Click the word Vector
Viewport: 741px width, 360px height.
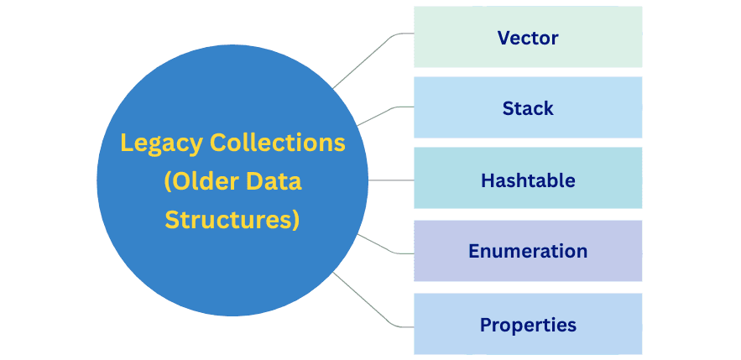coord(528,38)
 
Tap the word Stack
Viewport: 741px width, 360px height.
coord(528,108)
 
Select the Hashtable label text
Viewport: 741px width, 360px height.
coord(528,180)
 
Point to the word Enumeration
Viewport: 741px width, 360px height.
coord(528,251)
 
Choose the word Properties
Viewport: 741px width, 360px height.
coord(528,324)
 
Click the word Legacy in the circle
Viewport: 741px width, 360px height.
coord(160,143)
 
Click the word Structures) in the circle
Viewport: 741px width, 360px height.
coord(232,219)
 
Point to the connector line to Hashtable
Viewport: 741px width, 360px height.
coord(391,180)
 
